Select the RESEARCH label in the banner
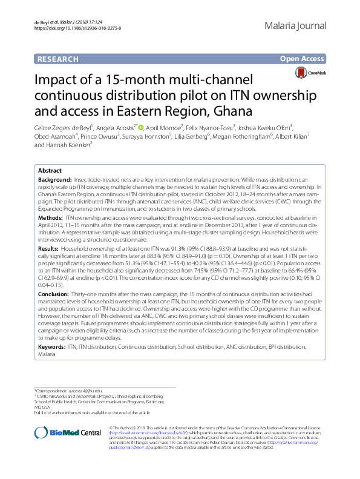pyautogui.click(x=58, y=59)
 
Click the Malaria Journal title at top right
pyautogui.click(x=295, y=26)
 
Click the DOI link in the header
pyautogui.click(x=78, y=28)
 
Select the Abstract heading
pyautogui.click(x=50, y=171)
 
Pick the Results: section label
pyautogui.click(x=49, y=249)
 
